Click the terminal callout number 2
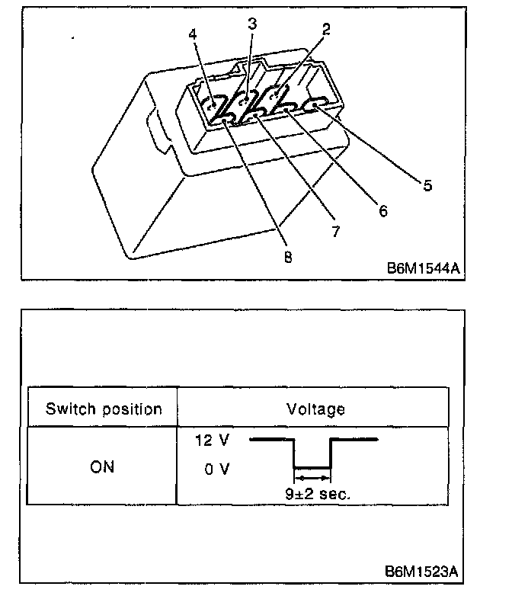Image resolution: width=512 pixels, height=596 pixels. click(x=326, y=30)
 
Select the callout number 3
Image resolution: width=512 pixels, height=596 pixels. click(x=252, y=23)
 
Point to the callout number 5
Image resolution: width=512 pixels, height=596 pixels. click(x=427, y=184)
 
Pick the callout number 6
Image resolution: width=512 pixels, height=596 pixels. click(x=383, y=211)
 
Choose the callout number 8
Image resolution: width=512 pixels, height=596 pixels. click(x=287, y=257)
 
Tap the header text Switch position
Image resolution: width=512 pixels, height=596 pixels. click(x=104, y=409)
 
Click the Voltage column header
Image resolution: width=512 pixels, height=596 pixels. click(x=315, y=409)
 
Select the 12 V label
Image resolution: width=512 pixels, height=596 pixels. click(x=213, y=441)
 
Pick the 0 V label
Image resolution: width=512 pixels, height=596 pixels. click(x=216, y=469)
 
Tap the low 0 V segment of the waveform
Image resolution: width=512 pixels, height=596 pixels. click(x=312, y=467)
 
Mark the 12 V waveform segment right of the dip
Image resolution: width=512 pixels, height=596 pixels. click(x=354, y=440)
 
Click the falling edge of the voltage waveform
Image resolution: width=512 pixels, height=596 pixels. click(x=295, y=453)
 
